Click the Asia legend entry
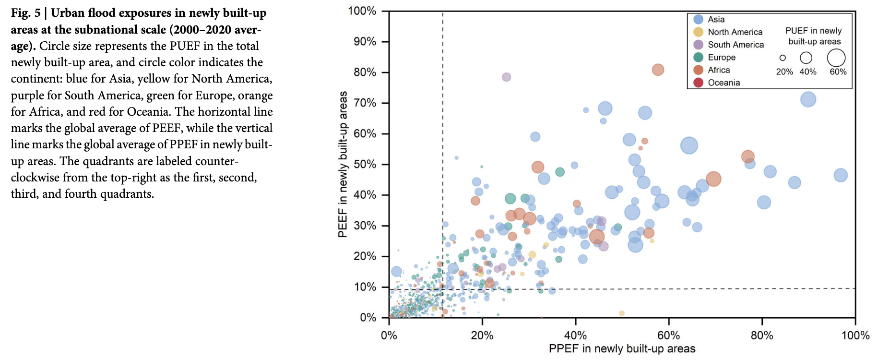(715, 19)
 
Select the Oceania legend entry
(723, 83)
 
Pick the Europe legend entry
(721, 57)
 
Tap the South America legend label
(736, 45)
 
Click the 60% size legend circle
(836, 58)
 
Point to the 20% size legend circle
(783, 58)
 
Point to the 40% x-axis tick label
(575, 335)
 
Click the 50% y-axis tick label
(365, 164)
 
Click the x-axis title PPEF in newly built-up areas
(622, 348)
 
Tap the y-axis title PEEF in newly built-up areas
(343, 164)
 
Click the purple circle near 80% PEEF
(506, 77)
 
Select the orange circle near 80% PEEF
(658, 70)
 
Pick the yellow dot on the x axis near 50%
(622, 313)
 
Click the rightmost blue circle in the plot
(841, 175)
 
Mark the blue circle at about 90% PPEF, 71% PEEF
(808, 99)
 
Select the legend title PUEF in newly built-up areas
(814, 36)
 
